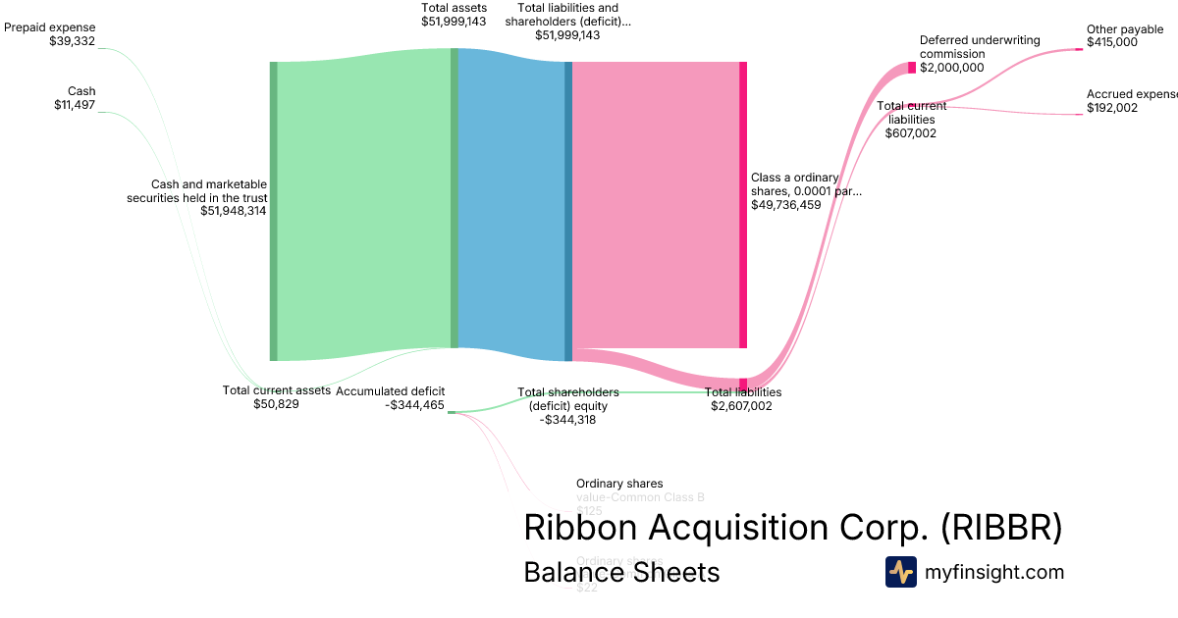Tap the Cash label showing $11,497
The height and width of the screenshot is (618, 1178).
coord(75,105)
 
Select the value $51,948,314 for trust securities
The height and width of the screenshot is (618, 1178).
coord(234,210)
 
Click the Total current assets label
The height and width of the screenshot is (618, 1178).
coord(277,389)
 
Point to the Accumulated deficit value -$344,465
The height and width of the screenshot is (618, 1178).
coord(415,404)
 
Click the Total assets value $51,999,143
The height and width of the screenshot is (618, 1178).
coord(454,21)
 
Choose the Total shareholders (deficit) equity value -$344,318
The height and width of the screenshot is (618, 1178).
coord(567,419)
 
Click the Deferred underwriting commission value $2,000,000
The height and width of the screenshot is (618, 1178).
coord(952,68)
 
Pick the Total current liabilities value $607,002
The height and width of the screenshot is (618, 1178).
coord(911,132)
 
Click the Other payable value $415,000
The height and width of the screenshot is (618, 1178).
coord(1112,42)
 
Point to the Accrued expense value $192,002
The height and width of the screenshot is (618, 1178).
coord(1112,108)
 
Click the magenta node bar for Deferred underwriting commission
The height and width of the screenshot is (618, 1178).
coord(912,68)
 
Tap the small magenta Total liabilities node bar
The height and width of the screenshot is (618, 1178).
coord(743,384)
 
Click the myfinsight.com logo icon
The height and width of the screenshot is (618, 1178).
coord(900,572)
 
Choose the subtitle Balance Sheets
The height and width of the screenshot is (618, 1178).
coord(621,572)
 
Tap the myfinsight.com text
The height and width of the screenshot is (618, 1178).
coord(994,572)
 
